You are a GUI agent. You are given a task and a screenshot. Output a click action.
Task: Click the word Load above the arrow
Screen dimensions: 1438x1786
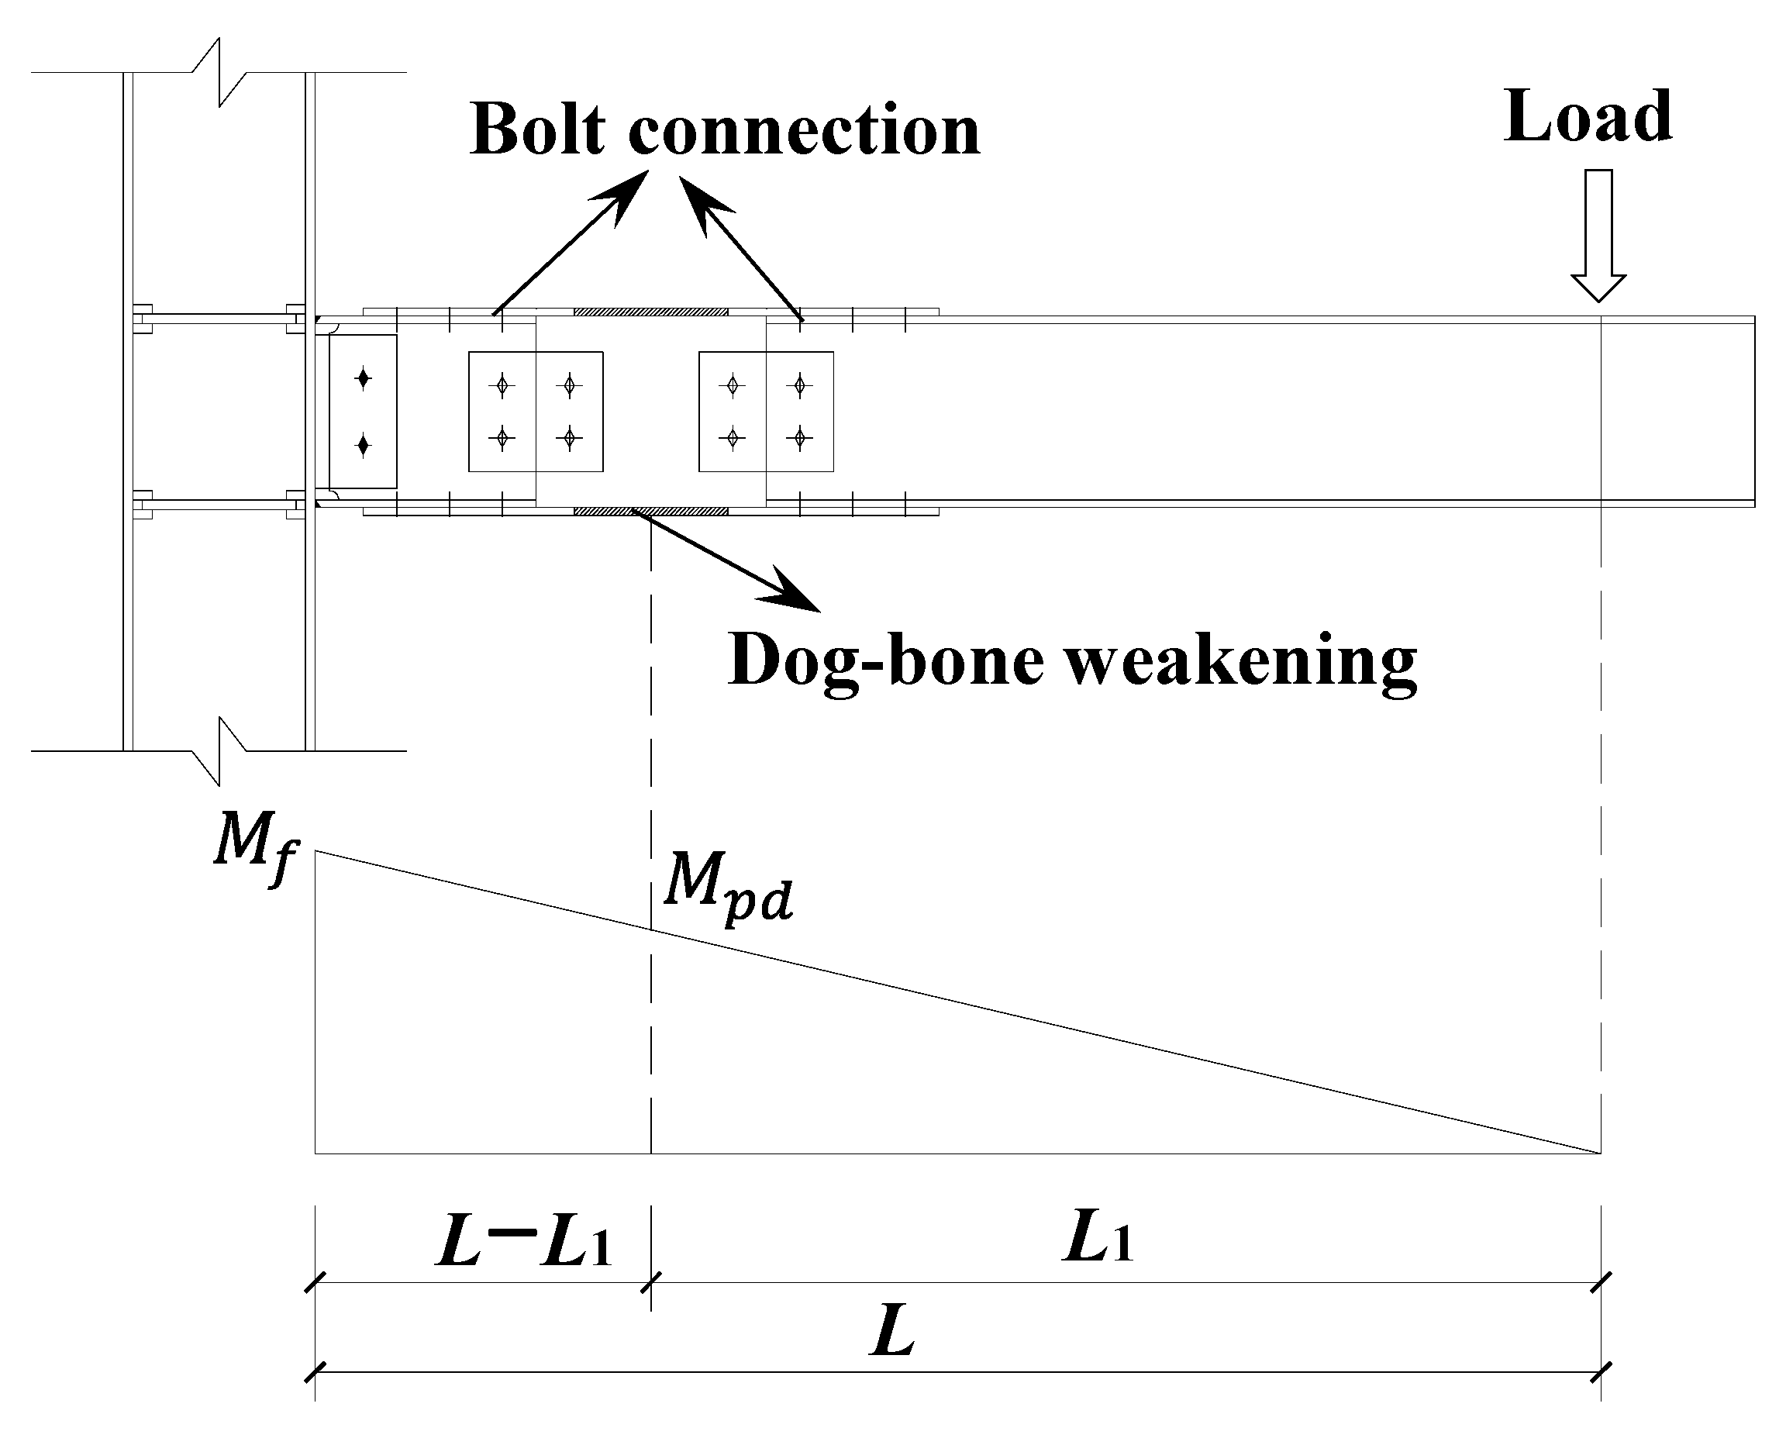(x=1588, y=119)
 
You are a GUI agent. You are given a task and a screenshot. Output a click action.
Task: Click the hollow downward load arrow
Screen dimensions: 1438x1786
(x=1598, y=236)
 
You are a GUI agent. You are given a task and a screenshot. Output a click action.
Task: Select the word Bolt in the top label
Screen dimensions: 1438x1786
(x=538, y=130)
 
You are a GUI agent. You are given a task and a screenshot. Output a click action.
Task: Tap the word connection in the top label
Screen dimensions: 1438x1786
(x=805, y=132)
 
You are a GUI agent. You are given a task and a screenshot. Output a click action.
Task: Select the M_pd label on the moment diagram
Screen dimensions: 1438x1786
(x=728, y=887)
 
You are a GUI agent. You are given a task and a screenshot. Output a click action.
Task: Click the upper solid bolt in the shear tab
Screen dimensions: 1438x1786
(x=362, y=379)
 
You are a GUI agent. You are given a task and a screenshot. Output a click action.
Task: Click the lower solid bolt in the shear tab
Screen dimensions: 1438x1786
(x=362, y=447)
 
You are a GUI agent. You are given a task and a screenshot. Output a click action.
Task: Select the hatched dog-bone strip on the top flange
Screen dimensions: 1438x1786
(x=650, y=312)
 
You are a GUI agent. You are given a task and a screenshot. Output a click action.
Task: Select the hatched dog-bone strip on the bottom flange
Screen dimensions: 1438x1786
(x=650, y=511)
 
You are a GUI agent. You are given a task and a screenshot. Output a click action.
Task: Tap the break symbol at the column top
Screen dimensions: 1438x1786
(x=219, y=73)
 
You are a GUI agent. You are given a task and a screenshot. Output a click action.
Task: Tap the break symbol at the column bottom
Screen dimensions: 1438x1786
(x=219, y=750)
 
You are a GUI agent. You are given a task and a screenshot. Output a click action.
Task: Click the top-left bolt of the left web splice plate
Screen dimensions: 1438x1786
(x=502, y=385)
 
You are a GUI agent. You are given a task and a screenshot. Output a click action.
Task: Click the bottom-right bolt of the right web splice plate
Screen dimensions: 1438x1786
(x=799, y=436)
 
